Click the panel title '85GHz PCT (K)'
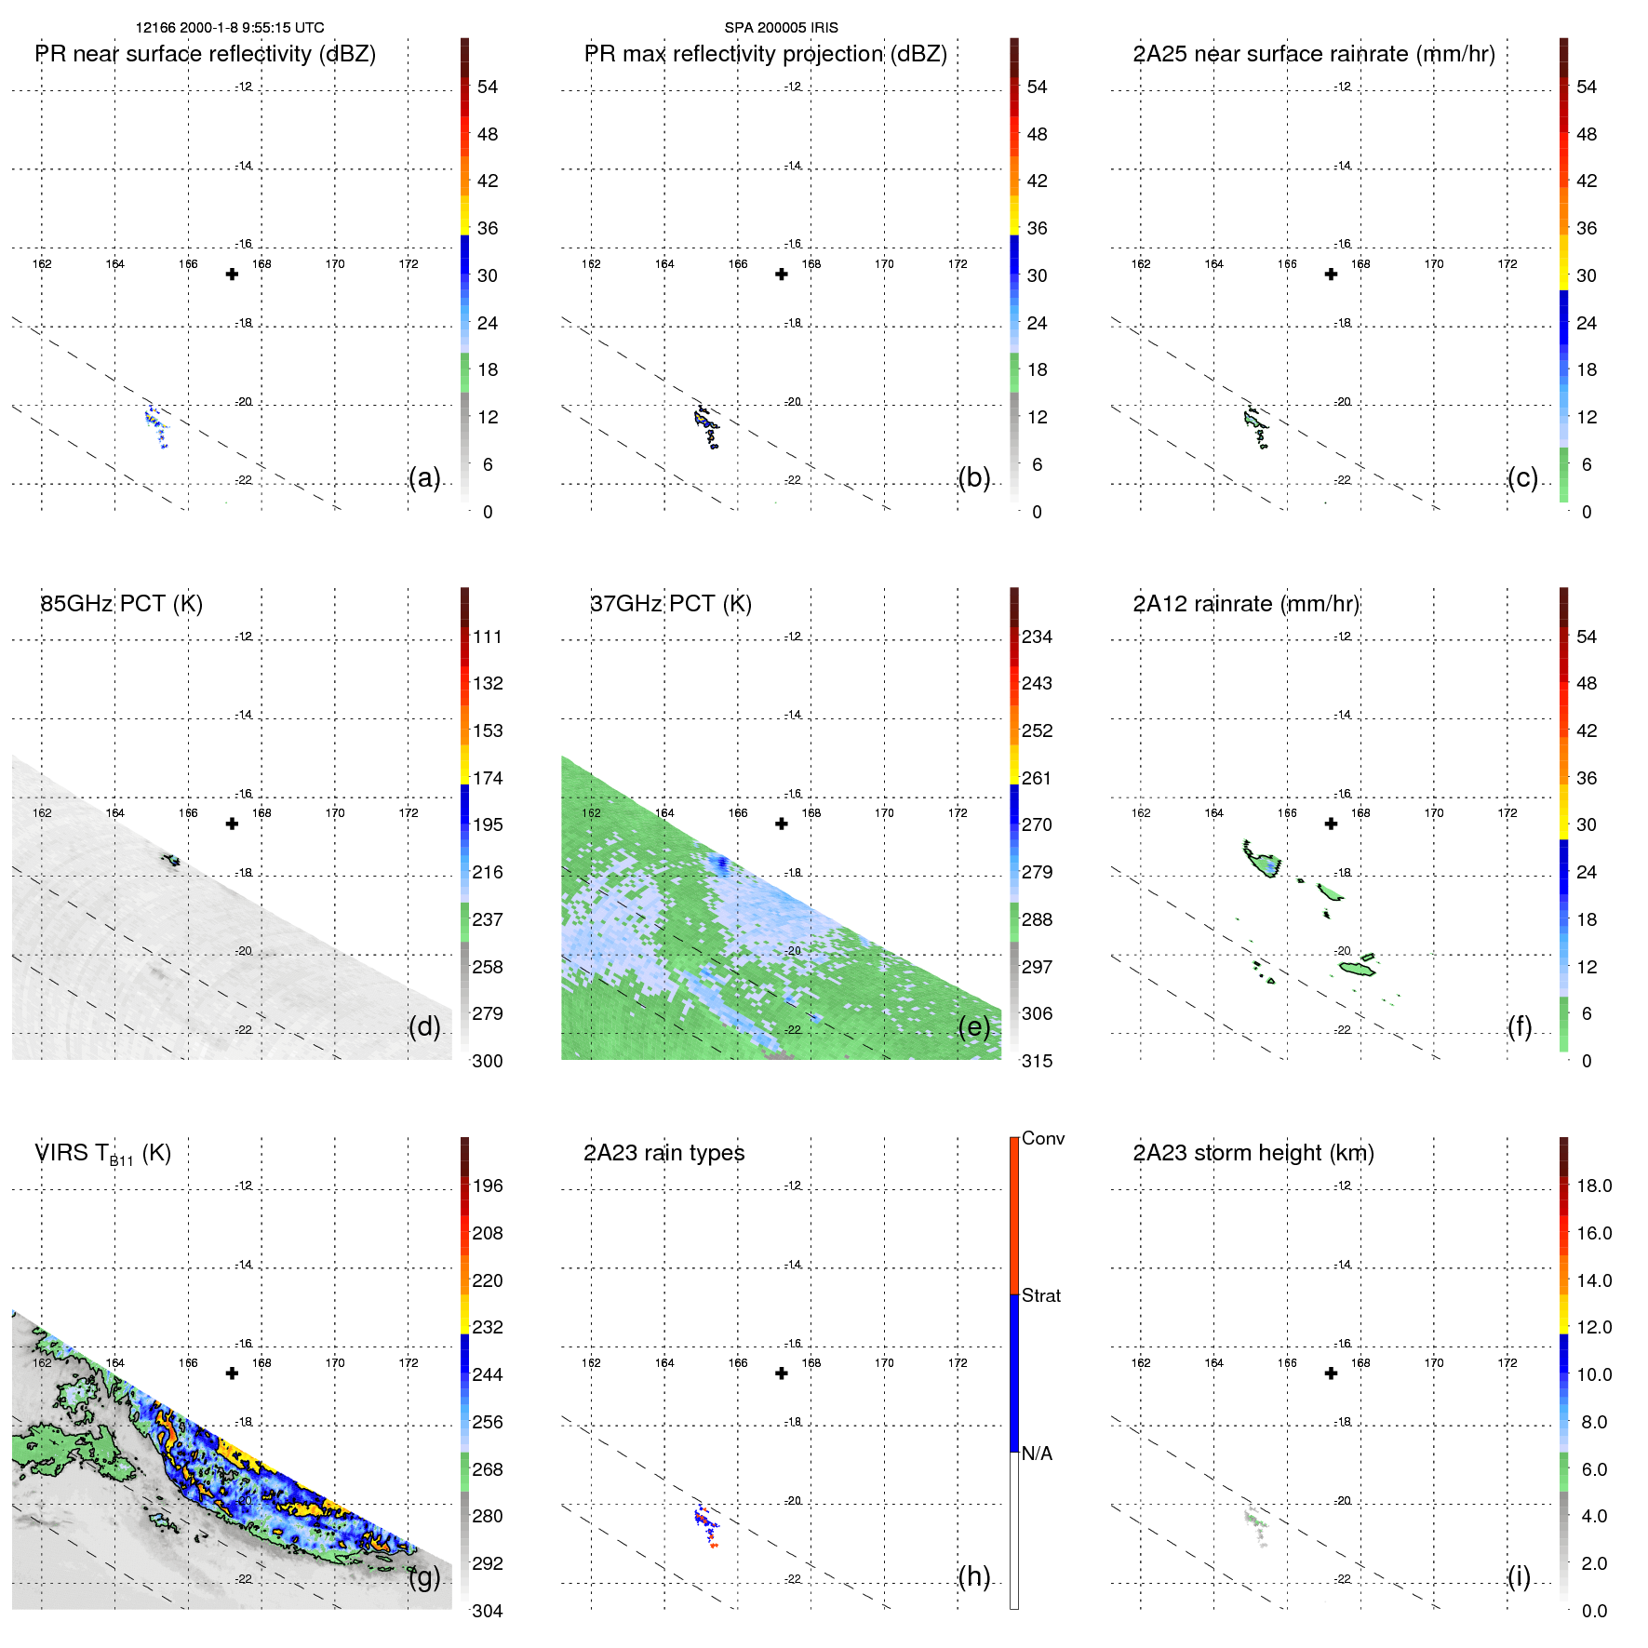click(x=121, y=604)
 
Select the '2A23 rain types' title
click(x=663, y=1153)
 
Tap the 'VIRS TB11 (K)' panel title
click(x=102, y=1154)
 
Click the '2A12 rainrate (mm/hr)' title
click(x=1245, y=604)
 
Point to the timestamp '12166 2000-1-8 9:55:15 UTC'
click(x=230, y=28)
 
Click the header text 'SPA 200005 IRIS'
click(x=781, y=28)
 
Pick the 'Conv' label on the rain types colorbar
click(x=1042, y=1138)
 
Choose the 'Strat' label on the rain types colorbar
click(x=1040, y=1295)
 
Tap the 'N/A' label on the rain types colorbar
click(x=1037, y=1454)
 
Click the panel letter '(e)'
click(x=973, y=1026)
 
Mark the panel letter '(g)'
click(x=424, y=1576)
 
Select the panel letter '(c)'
click(x=1522, y=477)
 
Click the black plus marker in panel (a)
click(x=232, y=275)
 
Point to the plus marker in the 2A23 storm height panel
click(x=1331, y=1373)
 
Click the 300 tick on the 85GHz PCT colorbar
click(x=487, y=1061)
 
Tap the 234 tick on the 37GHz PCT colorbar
click(x=1037, y=636)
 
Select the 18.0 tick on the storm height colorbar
click(x=1593, y=1186)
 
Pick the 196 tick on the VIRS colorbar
click(x=487, y=1186)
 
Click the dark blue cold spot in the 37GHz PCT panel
click(x=720, y=864)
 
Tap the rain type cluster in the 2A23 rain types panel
click(x=706, y=1525)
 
